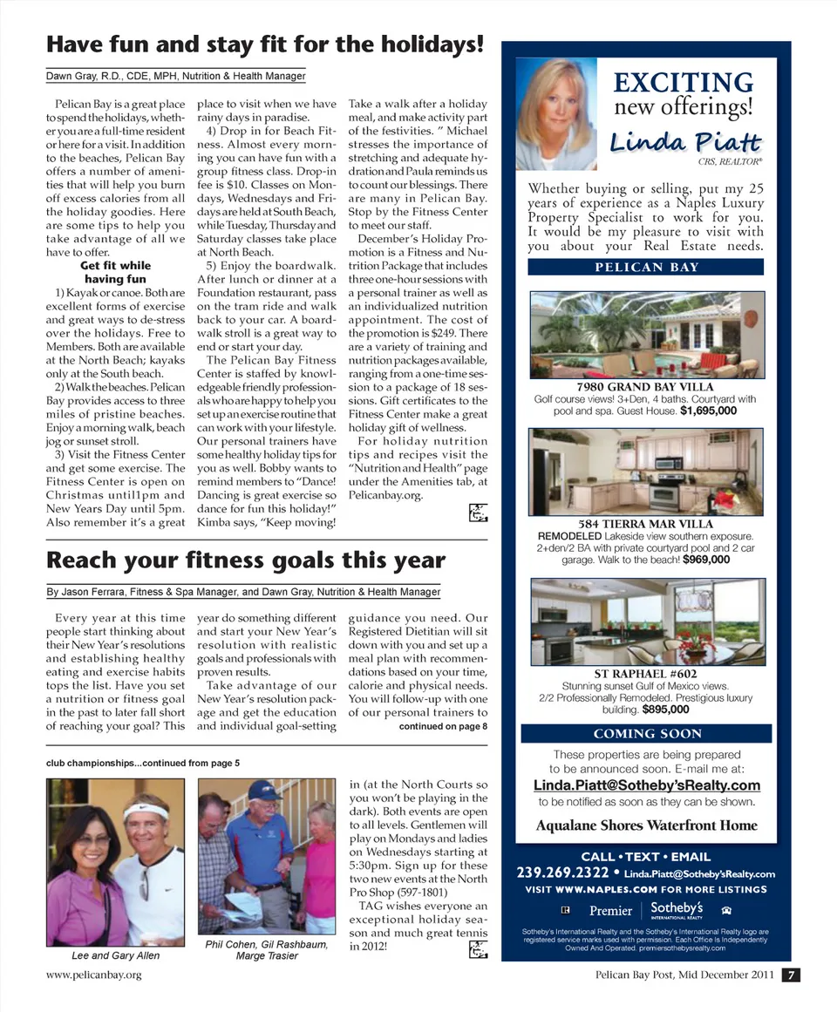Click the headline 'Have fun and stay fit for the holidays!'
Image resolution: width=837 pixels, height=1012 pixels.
264,44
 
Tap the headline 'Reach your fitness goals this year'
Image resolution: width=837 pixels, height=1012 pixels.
245,560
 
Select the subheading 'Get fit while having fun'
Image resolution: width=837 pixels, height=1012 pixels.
114,272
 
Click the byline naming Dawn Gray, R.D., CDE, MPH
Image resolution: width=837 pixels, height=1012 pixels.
175,77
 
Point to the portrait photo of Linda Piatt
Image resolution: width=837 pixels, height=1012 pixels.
556,114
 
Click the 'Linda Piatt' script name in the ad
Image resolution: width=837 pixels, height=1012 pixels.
684,142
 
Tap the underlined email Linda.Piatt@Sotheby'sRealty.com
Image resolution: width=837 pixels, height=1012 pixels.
646,785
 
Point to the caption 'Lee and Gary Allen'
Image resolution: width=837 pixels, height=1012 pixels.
115,955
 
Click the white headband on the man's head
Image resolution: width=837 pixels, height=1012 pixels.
146,812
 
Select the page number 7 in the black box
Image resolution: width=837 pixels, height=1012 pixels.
788,975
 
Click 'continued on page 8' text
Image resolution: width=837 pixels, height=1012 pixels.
443,725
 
